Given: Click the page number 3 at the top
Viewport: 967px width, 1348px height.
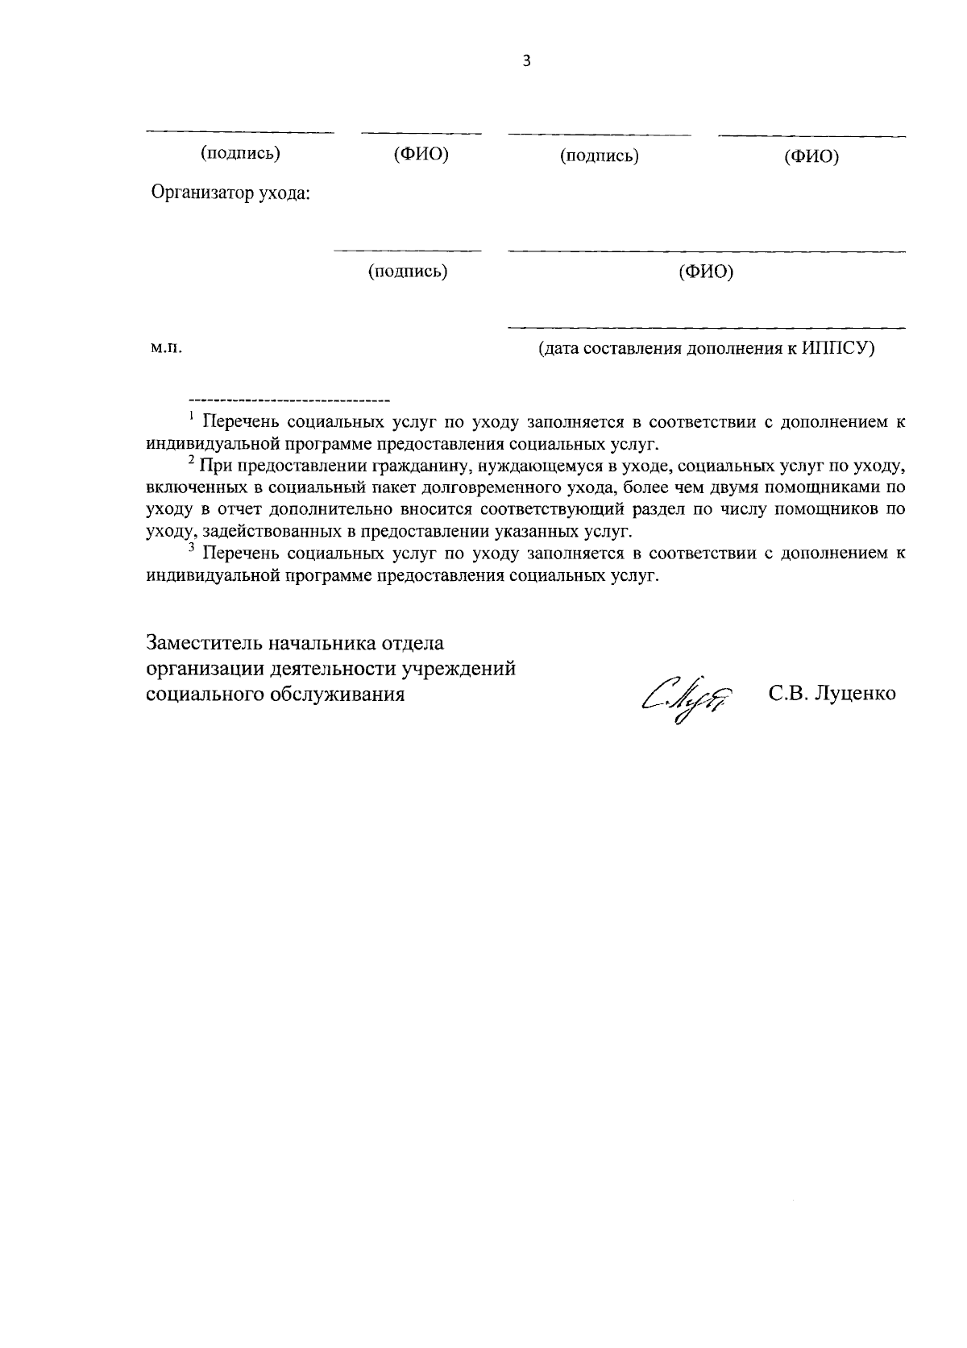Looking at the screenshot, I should [x=527, y=61].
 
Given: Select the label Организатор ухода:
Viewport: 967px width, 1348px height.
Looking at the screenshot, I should [x=231, y=193].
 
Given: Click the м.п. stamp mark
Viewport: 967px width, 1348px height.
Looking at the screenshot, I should [x=165, y=348].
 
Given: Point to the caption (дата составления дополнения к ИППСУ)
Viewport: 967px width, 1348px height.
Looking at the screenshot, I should [x=706, y=349].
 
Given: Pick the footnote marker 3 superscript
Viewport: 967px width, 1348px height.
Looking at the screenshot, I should [x=191, y=549].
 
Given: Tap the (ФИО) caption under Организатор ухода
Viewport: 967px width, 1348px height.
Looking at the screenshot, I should [x=706, y=272].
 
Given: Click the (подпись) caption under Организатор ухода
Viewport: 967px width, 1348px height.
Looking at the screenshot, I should [x=408, y=272].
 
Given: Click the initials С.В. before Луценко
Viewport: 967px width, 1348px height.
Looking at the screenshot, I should [x=787, y=694].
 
